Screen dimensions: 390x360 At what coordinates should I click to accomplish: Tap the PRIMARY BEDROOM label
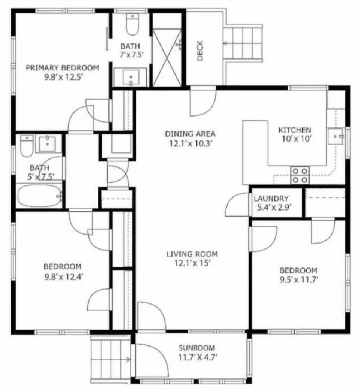pyautogui.click(x=62, y=68)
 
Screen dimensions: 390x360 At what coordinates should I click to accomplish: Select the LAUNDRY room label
pyautogui.click(x=271, y=199)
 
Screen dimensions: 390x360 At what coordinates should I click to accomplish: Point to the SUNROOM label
pyautogui.click(x=197, y=348)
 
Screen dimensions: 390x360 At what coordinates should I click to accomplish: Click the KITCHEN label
pyautogui.click(x=294, y=130)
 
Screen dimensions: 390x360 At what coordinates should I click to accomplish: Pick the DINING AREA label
pyautogui.click(x=190, y=134)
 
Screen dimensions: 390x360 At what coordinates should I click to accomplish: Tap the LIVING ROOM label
pyautogui.click(x=192, y=254)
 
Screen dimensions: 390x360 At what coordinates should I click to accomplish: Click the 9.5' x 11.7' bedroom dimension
pyautogui.click(x=299, y=279)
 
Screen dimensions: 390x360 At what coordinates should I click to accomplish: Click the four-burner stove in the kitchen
pyautogui.click(x=300, y=175)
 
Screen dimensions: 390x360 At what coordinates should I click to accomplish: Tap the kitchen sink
pyautogui.click(x=336, y=136)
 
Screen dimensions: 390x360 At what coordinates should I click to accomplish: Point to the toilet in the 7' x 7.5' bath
pyautogui.click(x=132, y=24)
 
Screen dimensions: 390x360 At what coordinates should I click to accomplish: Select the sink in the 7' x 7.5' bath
pyautogui.click(x=131, y=78)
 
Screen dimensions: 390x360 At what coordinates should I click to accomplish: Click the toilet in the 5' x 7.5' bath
pyautogui.click(x=26, y=146)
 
